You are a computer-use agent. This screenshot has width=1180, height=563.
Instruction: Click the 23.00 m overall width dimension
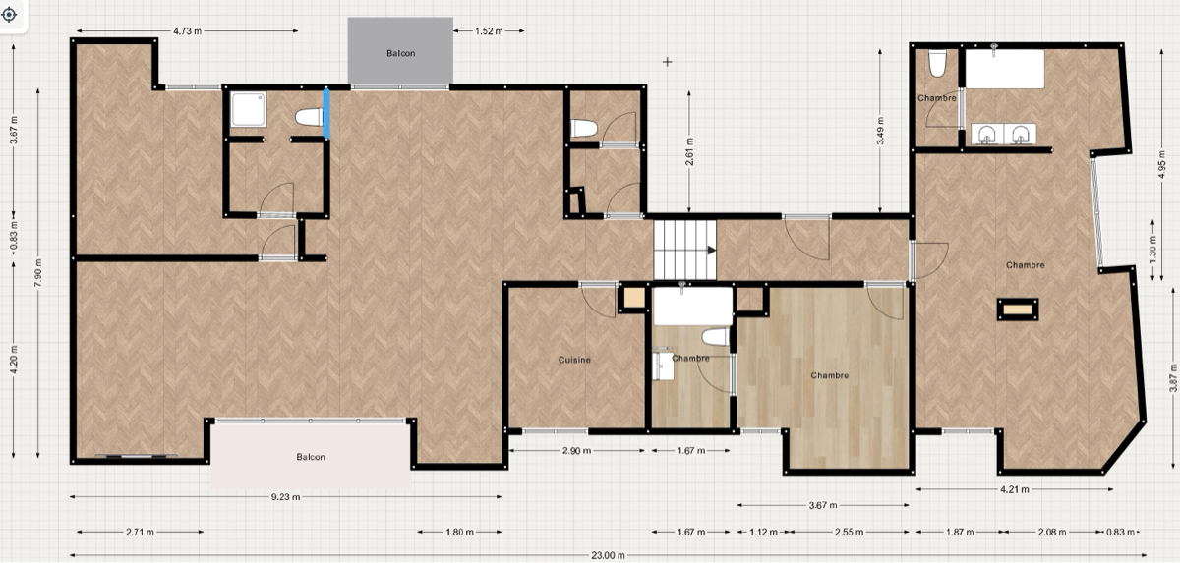(608, 555)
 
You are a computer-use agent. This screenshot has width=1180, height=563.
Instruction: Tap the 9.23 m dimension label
(285, 497)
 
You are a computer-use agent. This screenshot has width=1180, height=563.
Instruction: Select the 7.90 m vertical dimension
(38, 273)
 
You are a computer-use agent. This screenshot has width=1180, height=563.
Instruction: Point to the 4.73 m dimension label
(187, 31)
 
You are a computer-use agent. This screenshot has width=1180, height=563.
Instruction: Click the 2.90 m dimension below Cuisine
(576, 451)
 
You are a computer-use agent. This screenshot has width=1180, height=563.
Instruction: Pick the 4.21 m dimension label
(1015, 489)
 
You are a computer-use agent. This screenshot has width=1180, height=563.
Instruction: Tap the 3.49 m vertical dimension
(880, 131)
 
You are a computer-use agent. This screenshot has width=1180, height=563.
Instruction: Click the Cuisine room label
(574, 360)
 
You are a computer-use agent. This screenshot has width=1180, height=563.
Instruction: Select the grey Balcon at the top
(400, 50)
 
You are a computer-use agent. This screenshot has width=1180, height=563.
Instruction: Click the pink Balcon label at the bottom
(311, 457)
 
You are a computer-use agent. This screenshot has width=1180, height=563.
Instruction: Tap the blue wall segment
(326, 114)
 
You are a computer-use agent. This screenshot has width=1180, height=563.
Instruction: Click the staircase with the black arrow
(684, 250)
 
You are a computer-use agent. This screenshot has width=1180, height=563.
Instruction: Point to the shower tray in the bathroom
(248, 109)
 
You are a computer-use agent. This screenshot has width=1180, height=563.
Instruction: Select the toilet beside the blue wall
(309, 117)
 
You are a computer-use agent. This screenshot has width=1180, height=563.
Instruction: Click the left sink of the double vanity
(986, 135)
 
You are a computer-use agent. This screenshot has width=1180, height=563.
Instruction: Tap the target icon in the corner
(9, 14)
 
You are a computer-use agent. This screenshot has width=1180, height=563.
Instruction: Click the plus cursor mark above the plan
(668, 62)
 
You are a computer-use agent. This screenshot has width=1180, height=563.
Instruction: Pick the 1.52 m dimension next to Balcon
(489, 31)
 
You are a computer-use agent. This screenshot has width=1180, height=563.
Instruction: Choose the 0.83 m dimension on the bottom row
(1120, 532)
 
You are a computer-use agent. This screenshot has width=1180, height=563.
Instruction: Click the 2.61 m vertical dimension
(689, 151)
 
